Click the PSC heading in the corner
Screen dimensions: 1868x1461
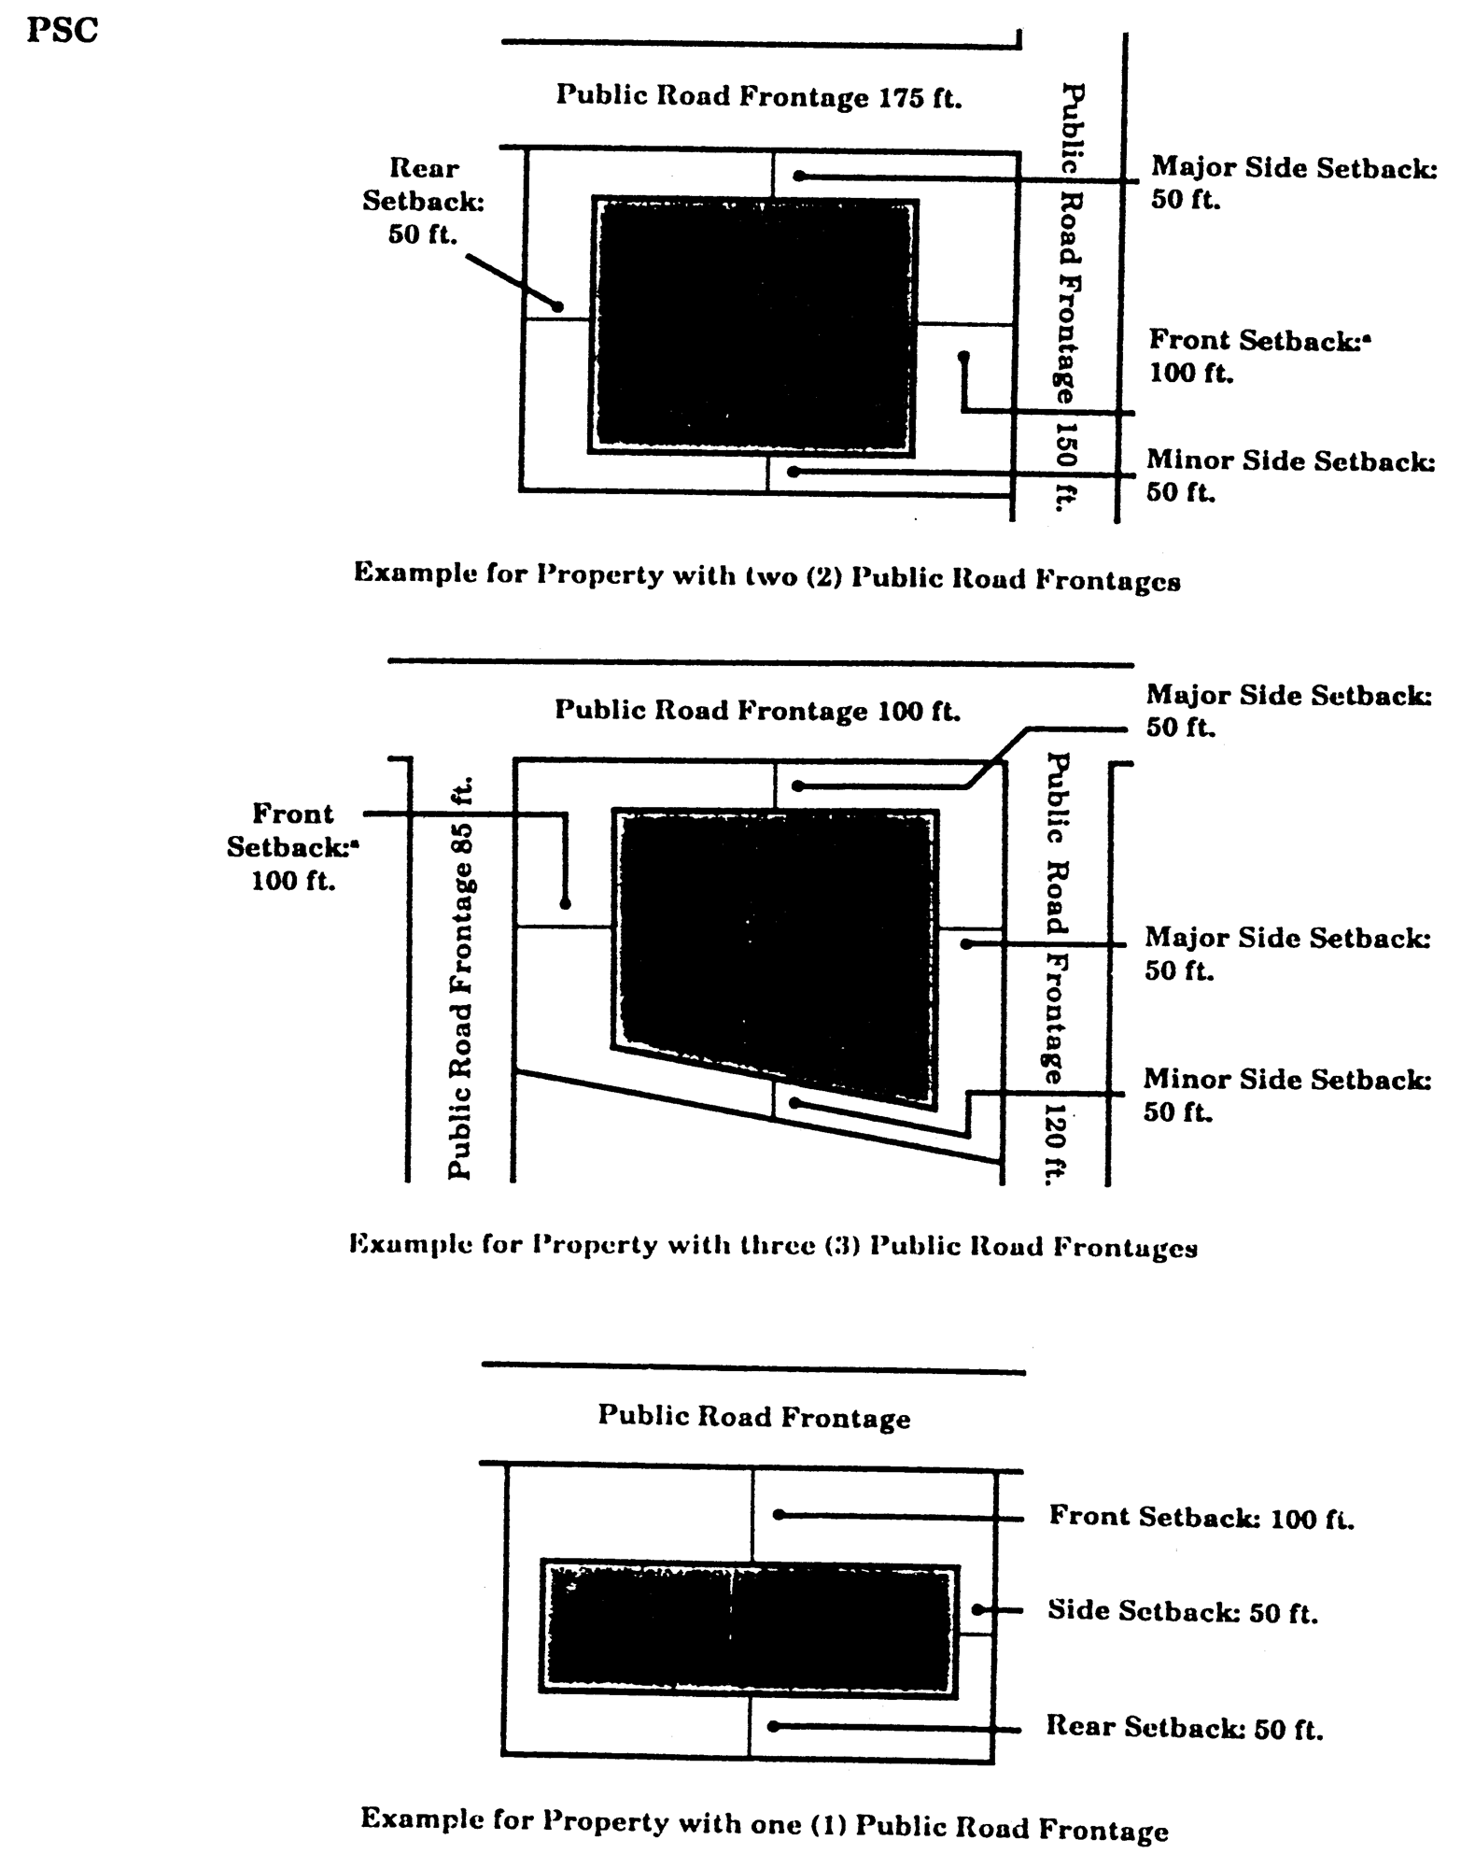(x=62, y=31)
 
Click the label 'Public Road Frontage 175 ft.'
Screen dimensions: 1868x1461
(x=758, y=96)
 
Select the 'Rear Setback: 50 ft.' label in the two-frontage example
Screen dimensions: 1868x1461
(x=424, y=201)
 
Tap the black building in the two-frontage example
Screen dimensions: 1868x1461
(x=754, y=325)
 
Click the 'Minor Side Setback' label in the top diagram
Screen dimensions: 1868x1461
(x=1290, y=475)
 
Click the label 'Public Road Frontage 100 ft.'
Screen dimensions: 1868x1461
(x=757, y=710)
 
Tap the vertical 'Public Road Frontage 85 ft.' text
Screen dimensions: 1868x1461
(x=461, y=977)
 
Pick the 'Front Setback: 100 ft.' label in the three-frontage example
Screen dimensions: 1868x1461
(x=292, y=847)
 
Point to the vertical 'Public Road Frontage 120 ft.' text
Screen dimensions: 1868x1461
(x=1056, y=968)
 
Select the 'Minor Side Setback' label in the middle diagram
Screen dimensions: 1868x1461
(x=1287, y=1095)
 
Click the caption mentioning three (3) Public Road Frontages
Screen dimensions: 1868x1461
(x=773, y=1245)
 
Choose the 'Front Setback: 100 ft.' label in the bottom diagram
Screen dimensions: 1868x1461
(x=1201, y=1516)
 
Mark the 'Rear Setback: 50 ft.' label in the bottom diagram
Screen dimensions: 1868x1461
(x=1184, y=1727)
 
